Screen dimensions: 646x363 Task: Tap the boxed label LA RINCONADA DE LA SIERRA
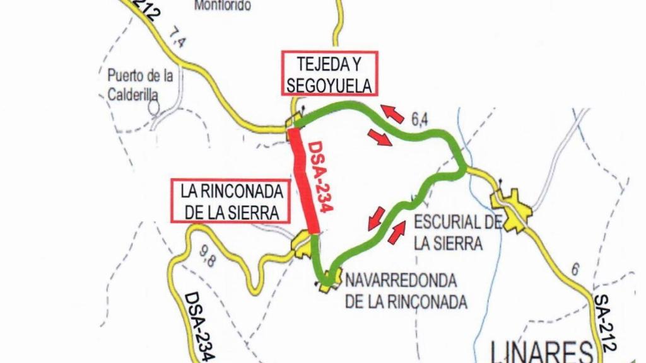click(230, 201)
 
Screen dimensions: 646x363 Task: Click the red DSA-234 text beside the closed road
click(321, 176)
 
